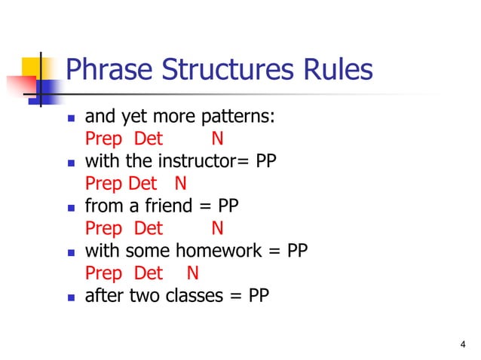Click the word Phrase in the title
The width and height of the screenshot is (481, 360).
click(104, 70)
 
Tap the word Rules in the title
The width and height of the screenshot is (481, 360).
click(336, 70)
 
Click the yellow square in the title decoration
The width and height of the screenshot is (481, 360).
click(30, 64)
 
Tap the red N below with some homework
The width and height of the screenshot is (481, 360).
click(192, 273)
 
